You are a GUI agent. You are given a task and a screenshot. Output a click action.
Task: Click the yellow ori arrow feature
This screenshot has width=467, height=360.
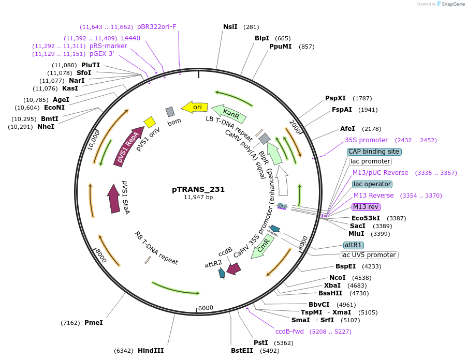pyautogui.click(x=195, y=107)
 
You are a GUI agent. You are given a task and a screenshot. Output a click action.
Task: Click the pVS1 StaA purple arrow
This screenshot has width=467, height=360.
pyautogui.click(x=113, y=199)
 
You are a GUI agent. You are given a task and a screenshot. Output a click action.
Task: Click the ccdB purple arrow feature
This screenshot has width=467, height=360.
pyautogui.click(x=233, y=268)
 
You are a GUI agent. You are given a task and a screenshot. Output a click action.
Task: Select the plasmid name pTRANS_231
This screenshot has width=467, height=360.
pyautogui.click(x=198, y=189)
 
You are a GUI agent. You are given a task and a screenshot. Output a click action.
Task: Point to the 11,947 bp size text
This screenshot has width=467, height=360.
pyautogui.click(x=198, y=197)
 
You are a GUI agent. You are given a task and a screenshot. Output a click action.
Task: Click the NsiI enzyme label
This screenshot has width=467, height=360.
pyautogui.click(x=230, y=27)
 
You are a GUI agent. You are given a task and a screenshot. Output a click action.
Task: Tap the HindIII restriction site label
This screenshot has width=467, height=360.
pyautogui.click(x=151, y=351)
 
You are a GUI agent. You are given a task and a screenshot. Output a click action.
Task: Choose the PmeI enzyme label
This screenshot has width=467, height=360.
pyautogui.click(x=94, y=323)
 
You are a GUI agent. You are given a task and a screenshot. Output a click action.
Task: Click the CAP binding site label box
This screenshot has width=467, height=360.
pyautogui.click(x=374, y=152)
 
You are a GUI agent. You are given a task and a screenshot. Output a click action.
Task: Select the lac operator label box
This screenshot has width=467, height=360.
pyautogui.click(x=372, y=184)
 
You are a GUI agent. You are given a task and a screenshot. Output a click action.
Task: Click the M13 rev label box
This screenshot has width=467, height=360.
pyautogui.click(x=366, y=207)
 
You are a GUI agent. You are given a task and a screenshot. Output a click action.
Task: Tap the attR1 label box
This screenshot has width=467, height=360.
pyautogui.click(x=354, y=245)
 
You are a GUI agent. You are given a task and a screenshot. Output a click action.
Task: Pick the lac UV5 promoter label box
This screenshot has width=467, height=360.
pyautogui.click(x=369, y=255)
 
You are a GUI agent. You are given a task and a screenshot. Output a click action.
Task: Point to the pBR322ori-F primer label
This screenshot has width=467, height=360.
pyautogui.click(x=156, y=27)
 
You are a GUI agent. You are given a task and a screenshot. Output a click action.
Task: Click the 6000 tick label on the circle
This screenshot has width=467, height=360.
pyautogui.click(x=206, y=308)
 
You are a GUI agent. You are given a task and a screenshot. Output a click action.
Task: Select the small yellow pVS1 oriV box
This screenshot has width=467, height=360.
pyautogui.click(x=150, y=122)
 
